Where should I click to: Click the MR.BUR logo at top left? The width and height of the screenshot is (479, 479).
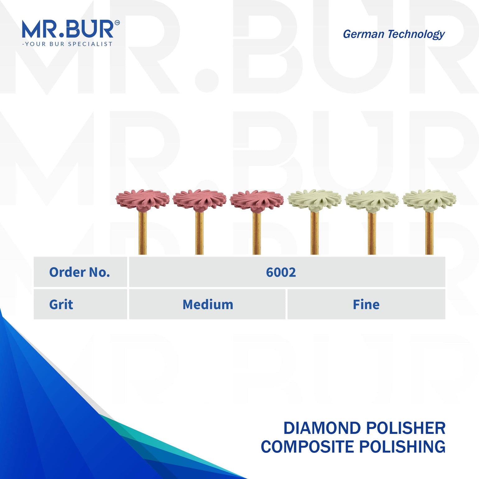68,29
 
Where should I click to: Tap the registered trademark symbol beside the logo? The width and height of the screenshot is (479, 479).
117,22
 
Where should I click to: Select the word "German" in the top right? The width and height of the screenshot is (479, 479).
363,34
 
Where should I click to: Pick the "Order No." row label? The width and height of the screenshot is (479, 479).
80,272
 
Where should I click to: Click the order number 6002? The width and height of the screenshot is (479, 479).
281,272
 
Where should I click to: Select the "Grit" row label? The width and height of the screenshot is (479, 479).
61,304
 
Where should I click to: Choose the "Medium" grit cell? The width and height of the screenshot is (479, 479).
208,304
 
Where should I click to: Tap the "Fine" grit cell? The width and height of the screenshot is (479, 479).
366,304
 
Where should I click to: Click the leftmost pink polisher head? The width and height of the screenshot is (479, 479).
142,199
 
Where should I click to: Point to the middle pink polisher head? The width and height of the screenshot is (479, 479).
200,199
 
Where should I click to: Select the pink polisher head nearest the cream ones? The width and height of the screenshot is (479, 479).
257,199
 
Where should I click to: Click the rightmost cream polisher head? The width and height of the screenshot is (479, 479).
429,199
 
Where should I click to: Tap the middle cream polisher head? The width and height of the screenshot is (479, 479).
372,199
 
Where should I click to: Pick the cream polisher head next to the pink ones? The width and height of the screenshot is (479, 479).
314,199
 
